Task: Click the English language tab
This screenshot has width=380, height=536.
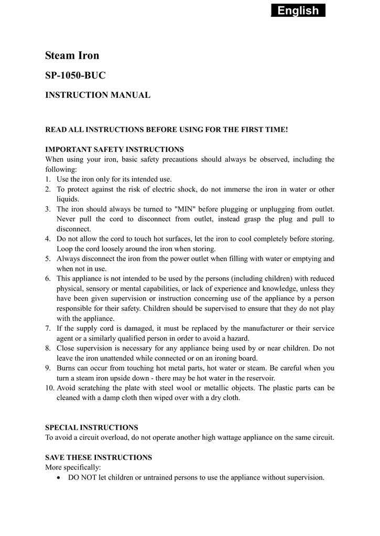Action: click(298, 10)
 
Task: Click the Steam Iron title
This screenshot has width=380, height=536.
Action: click(72, 55)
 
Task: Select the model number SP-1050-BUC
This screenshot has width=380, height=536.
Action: click(75, 75)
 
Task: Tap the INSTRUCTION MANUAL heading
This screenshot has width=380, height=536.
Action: click(98, 95)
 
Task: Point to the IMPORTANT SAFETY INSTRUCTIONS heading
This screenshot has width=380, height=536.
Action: click(115, 149)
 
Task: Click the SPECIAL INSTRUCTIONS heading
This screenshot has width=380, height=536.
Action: click(92, 428)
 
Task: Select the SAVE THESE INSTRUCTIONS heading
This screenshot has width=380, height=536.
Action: click(99, 457)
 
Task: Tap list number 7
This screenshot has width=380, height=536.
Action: click(48, 328)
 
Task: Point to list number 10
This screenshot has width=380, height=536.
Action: click(50, 388)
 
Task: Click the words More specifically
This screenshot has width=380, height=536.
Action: click(73, 467)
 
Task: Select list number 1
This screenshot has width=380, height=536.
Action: click(48, 179)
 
